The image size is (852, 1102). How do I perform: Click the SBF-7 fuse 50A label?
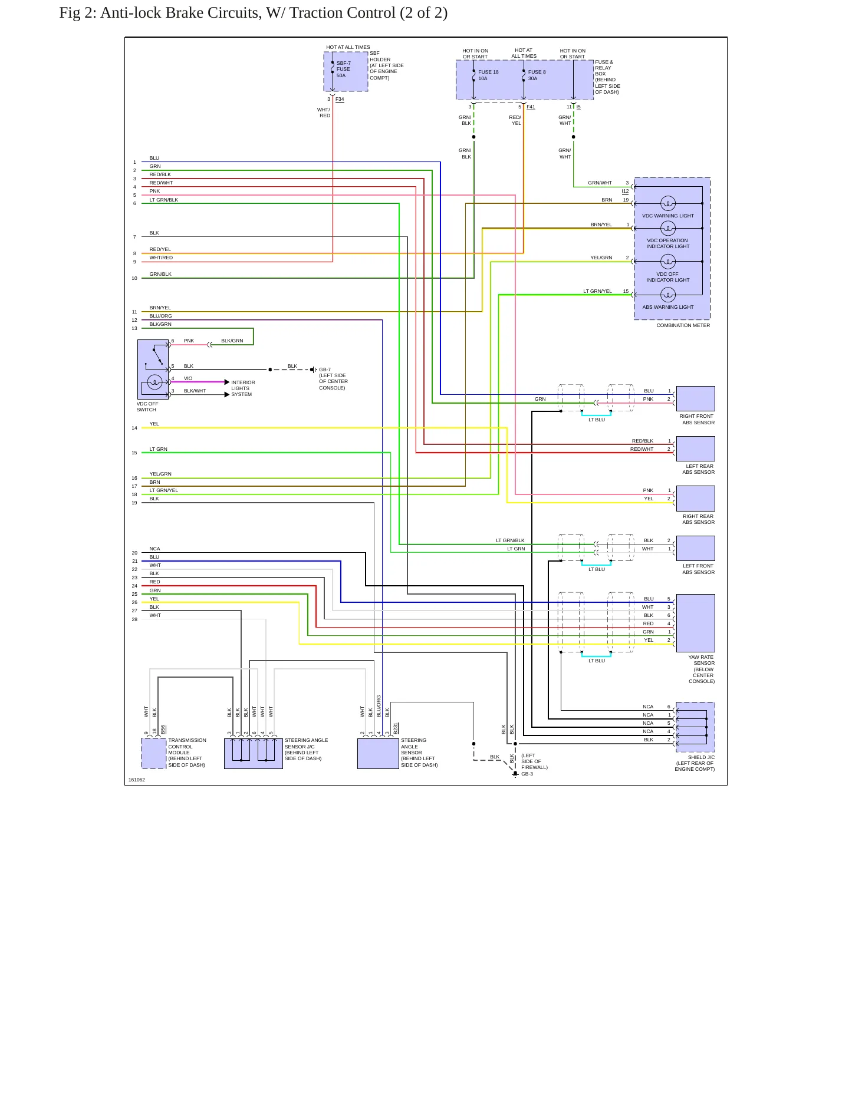[344, 70]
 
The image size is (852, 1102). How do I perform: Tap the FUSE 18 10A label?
[488, 75]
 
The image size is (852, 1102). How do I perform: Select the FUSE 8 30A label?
[537, 75]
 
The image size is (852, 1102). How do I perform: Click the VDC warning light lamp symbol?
[668, 203]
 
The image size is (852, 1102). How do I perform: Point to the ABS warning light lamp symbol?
[668, 295]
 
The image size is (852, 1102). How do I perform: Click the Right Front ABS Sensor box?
[696, 398]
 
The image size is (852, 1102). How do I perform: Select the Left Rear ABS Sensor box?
[696, 448]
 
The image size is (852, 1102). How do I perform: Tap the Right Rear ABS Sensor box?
[696, 498]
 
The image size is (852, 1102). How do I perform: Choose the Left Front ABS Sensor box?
[696, 548]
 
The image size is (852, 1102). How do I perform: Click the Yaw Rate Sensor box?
[696, 623]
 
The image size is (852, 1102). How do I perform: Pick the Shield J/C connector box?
[696, 727]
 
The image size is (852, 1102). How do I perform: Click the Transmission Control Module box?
[154, 754]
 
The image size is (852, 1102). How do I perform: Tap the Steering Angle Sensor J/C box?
[254, 754]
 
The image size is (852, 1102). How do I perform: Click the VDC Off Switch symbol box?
[153, 369]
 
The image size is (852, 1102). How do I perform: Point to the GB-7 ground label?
[325, 370]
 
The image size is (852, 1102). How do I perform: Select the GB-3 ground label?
[527, 774]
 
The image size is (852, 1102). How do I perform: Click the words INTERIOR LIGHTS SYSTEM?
[243, 388]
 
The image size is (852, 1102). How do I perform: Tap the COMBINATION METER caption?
[683, 325]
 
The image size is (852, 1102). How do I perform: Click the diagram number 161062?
[137, 780]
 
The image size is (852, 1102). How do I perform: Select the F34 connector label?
[340, 99]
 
